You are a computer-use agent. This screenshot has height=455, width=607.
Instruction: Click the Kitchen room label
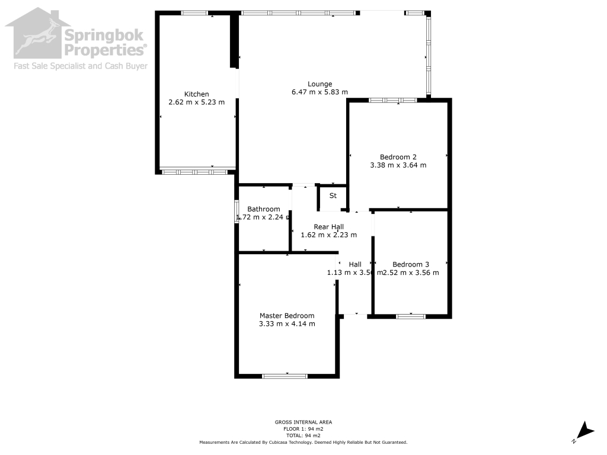(x=196, y=94)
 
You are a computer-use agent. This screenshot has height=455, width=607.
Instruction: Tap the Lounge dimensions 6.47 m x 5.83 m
(x=320, y=92)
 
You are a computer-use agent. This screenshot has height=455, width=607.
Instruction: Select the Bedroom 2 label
(x=398, y=157)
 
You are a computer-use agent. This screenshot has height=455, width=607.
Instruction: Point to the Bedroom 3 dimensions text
(x=411, y=273)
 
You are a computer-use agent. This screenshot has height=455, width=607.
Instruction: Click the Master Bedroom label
(x=287, y=316)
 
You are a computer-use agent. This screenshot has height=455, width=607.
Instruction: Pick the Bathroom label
(x=264, y=209)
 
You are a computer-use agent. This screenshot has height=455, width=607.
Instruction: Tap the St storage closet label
(x=333, y=196)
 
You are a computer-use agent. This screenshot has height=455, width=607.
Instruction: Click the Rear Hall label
(x=328, y=227)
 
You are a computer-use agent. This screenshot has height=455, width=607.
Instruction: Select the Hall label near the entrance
(x=355, y=264)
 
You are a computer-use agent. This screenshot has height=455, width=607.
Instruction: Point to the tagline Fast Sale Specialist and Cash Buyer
(x=81, y=66)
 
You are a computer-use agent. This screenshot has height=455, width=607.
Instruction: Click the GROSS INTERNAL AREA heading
(x=303, y=422)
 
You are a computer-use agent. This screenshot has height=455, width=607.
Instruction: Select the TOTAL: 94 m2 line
(x=303, y=435)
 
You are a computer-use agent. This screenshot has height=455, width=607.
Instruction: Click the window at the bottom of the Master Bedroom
(x=285, y=376)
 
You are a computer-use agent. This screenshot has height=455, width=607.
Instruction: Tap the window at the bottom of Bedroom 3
(x=411, y=316)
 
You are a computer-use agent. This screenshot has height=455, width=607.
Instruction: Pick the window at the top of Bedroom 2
(x=393, y=100)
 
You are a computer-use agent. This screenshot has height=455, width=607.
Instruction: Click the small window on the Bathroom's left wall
(x=237, y=212)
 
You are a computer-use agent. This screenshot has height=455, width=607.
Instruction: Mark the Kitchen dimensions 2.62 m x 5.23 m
(x=196, y=102)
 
